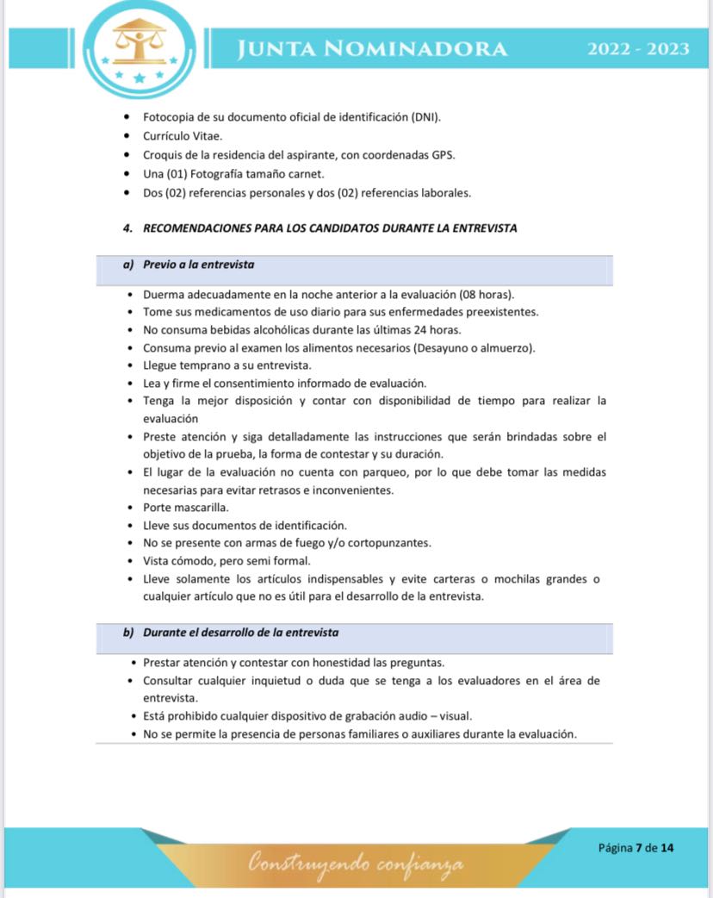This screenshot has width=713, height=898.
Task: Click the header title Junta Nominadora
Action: pos(372,48)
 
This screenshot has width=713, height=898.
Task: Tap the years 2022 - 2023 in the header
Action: pos(638,48)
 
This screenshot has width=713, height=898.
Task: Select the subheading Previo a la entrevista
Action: pos(198,265)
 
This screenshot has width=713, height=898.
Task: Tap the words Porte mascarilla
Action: pos(186,508)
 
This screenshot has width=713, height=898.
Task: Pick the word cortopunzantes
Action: pos(388,543)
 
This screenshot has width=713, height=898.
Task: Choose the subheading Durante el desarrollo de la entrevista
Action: pos(240,633)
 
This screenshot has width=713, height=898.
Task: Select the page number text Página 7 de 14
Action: pos(635,847)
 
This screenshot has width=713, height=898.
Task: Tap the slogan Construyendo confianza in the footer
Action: pos(356,863)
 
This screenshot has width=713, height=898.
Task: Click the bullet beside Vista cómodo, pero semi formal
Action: pos(127,561)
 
